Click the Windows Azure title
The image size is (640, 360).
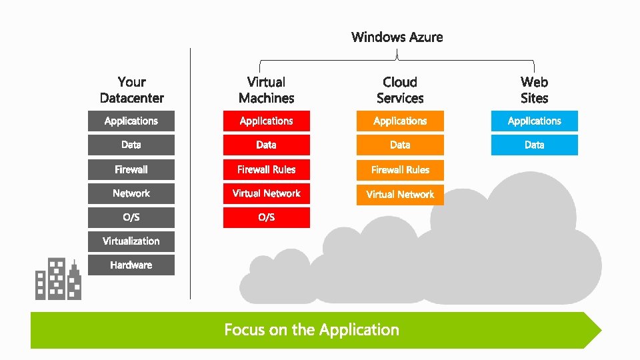click(397, 37)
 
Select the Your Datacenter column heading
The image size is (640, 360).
click(131, 90)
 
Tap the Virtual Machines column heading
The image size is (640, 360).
click(266, 90)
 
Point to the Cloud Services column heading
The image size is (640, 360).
click(400, 90)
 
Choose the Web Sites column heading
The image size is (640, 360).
click(534, 90)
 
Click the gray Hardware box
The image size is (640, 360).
click(131, 265)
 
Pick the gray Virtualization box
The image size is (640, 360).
click(131, 241)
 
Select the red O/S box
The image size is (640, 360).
click(266, 217)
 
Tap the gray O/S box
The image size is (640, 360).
click(131, 217)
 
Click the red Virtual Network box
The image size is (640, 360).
click(266, 193)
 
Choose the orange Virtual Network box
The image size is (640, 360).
click(400, 194)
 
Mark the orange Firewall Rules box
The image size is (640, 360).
click(400, 169)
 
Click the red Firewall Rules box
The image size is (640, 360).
click(266, 169)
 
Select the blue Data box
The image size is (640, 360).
click(534, 145)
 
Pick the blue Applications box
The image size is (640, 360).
click(534, 121)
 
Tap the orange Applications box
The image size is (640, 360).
click(400, 121)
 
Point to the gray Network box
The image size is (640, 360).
click(131, 193)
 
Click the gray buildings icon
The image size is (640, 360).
click(58, 279)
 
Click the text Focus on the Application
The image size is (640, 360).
click(311, 330)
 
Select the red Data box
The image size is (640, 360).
click(266, 145)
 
